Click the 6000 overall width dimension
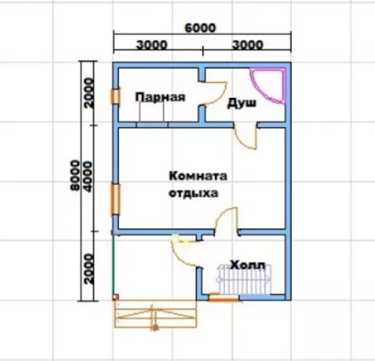(x=201, y=27)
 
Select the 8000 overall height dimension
(x=75, y=176)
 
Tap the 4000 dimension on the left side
(x=88, y=177)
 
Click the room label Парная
(x=160, y=97)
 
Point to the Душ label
(x=241, y=103)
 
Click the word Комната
(x=198, y=176)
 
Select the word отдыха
(x=194, y=193)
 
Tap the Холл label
(x=247, y=265)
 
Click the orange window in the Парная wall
(x=115, y=96)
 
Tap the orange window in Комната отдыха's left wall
(x=116, y=199)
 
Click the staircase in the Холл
(x=244, y=279)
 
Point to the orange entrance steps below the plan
(x=156, y=314)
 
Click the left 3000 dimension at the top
(x=152, y=45)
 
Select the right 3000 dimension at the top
(x=247, y=45)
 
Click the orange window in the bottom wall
(x=224, y=297)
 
